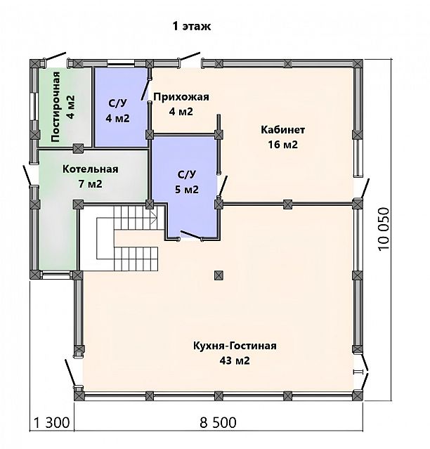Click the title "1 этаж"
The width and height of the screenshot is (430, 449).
pos(192,26)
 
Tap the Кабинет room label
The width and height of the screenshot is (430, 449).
pos(283,130)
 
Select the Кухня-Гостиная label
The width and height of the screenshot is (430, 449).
pos(235,346)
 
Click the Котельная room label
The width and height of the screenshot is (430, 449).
pos(91,169)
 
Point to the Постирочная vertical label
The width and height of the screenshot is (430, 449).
pos(56,107)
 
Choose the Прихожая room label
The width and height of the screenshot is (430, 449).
pos(181,97)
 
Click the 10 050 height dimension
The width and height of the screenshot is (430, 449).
pos(384,229)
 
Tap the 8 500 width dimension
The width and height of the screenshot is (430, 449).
pos(218,423)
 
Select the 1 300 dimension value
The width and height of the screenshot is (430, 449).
pos(52,423)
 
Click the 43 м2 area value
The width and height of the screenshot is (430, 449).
pos(235,360)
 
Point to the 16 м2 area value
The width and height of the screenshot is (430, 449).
pos(283,145)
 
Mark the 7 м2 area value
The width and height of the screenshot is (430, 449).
pos(91,184)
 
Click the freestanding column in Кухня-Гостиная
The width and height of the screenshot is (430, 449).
pos(219,275)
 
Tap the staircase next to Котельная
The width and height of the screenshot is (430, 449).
pos(127,238)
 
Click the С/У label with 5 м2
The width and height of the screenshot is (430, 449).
pos(187,174)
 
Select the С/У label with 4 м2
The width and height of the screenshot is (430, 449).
pos(117,103)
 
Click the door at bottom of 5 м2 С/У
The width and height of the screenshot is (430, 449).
pos(191,235)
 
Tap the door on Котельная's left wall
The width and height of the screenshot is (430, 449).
pos(30,175)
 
